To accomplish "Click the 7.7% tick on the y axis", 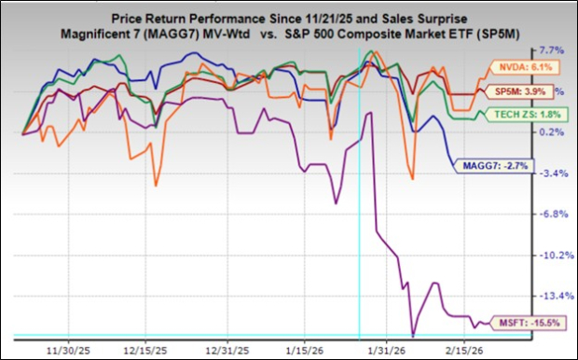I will pos(550,50).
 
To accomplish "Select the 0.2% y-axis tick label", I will pos(550,132).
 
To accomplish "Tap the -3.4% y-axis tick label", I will pos(550,173).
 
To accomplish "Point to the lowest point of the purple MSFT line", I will pos(412,335).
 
